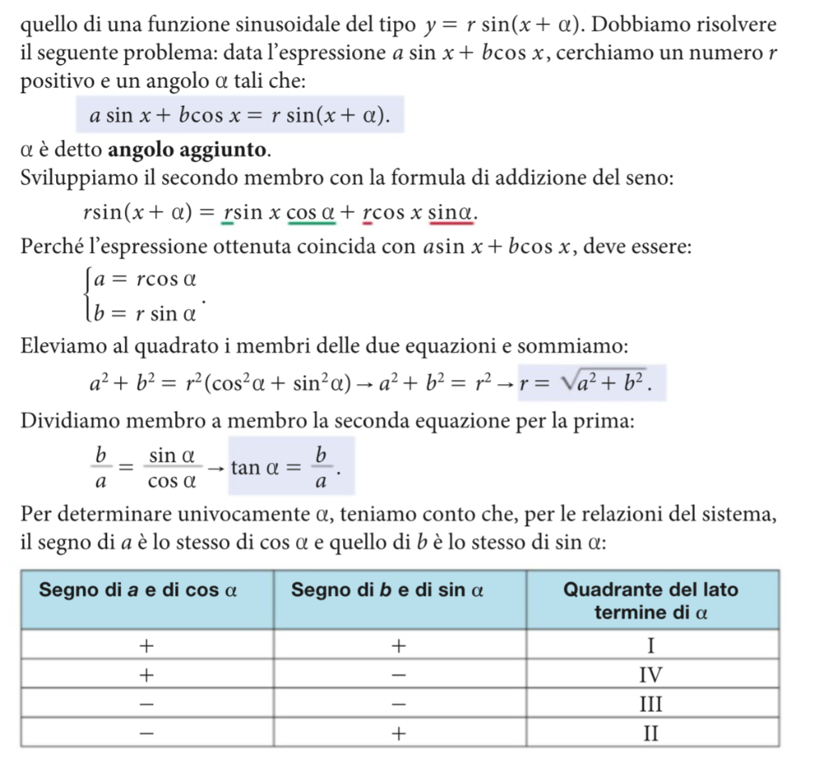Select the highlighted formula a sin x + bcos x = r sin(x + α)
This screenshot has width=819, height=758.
pos(239,115)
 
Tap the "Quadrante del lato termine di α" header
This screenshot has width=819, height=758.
pos(651,600)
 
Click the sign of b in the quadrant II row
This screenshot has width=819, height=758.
pos(398,734)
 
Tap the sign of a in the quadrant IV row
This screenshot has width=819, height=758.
pos(147,674)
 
